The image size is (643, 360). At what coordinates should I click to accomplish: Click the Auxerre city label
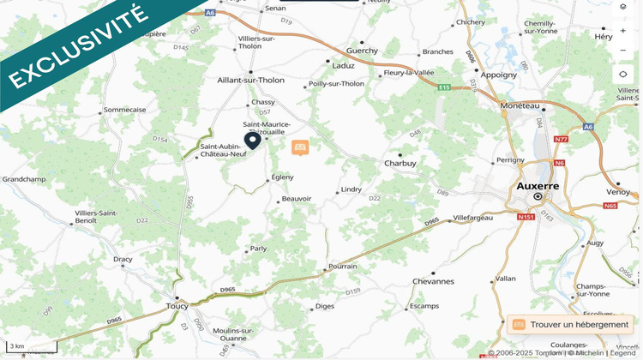tap(538, 185)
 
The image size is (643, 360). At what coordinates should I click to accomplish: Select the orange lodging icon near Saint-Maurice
tap(300, 148)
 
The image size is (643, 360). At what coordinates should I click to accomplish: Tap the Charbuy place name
tap(400, 163)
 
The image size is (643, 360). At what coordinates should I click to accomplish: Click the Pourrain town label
tap(342, 267)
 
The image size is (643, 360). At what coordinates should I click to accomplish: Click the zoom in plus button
tap(623, 30)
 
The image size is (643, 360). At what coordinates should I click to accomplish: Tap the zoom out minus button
tap(623, 50)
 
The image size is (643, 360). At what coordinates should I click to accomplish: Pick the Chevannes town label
tap(433, 281)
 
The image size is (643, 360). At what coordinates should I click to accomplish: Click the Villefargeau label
tap(473, 218)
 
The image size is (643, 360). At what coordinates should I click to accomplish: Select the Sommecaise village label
tap(124, 110)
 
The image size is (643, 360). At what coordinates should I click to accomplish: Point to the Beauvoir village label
tap(297, 199)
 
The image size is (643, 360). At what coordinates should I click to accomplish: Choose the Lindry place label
tap(352, 189)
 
